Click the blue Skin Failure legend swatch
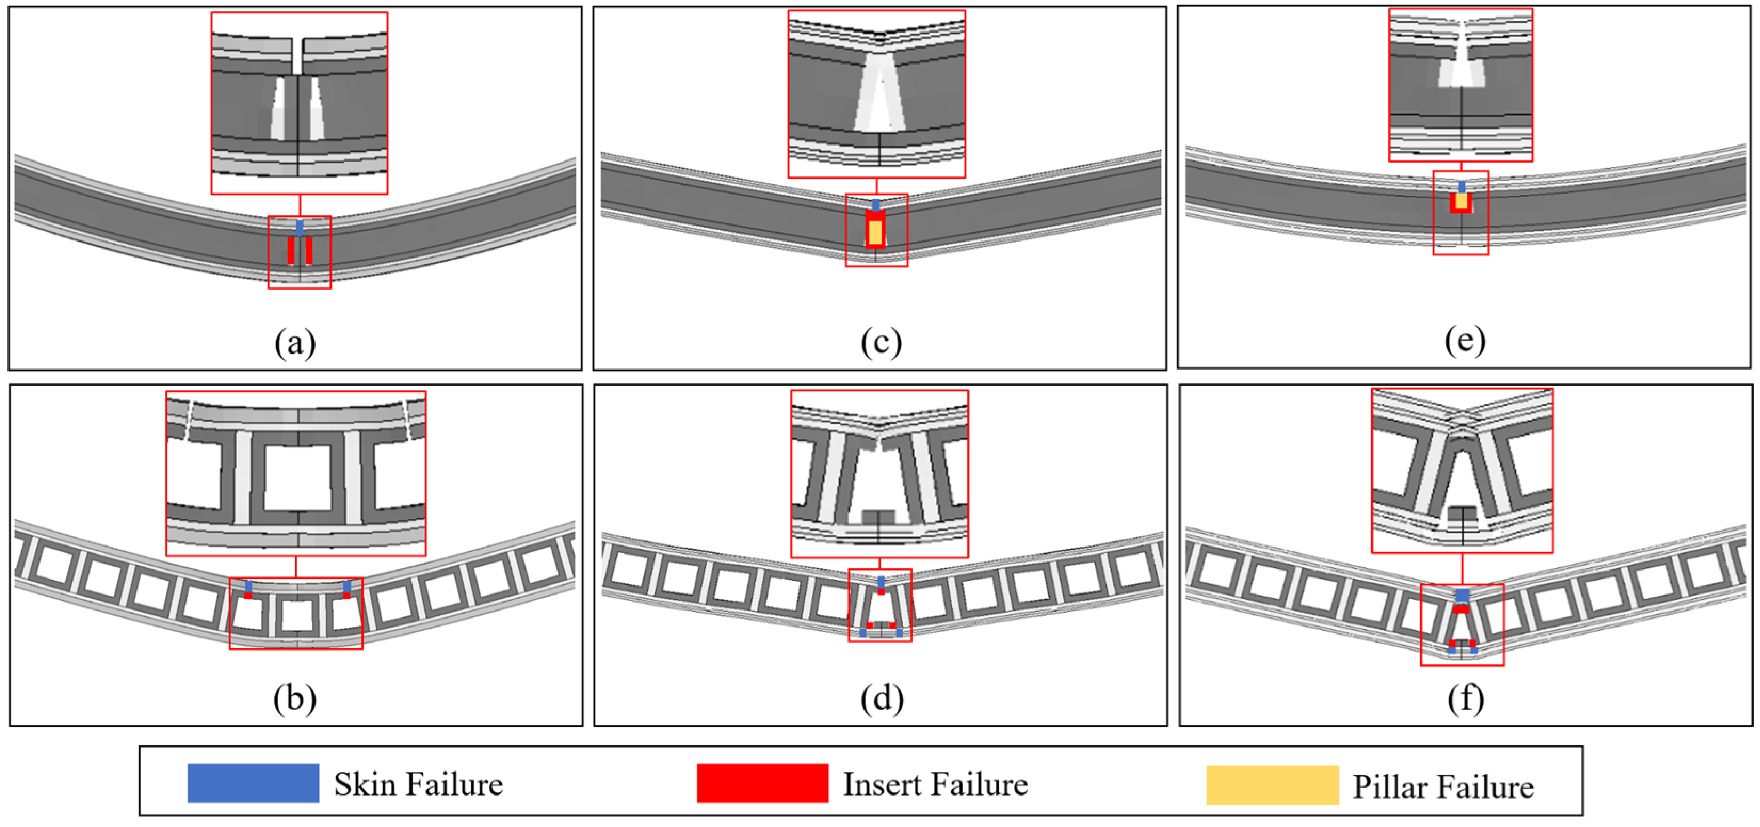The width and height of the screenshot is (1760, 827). [253, 783]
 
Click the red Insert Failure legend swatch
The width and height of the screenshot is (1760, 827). [763, 783]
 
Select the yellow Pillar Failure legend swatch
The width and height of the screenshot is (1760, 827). [1272, 785]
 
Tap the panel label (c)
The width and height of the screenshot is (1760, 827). [881, 342]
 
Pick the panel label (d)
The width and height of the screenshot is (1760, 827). [882, 698]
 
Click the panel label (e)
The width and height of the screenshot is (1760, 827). [1465, 340]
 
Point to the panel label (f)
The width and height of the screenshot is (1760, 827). [1465, 698]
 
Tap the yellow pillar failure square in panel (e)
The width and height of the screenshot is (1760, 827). [1461, 201]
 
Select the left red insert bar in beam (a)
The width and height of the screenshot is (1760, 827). [291, 251]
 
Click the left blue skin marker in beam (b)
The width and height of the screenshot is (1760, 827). [248, 587]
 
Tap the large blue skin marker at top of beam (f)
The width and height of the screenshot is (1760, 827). [1462, 595]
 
